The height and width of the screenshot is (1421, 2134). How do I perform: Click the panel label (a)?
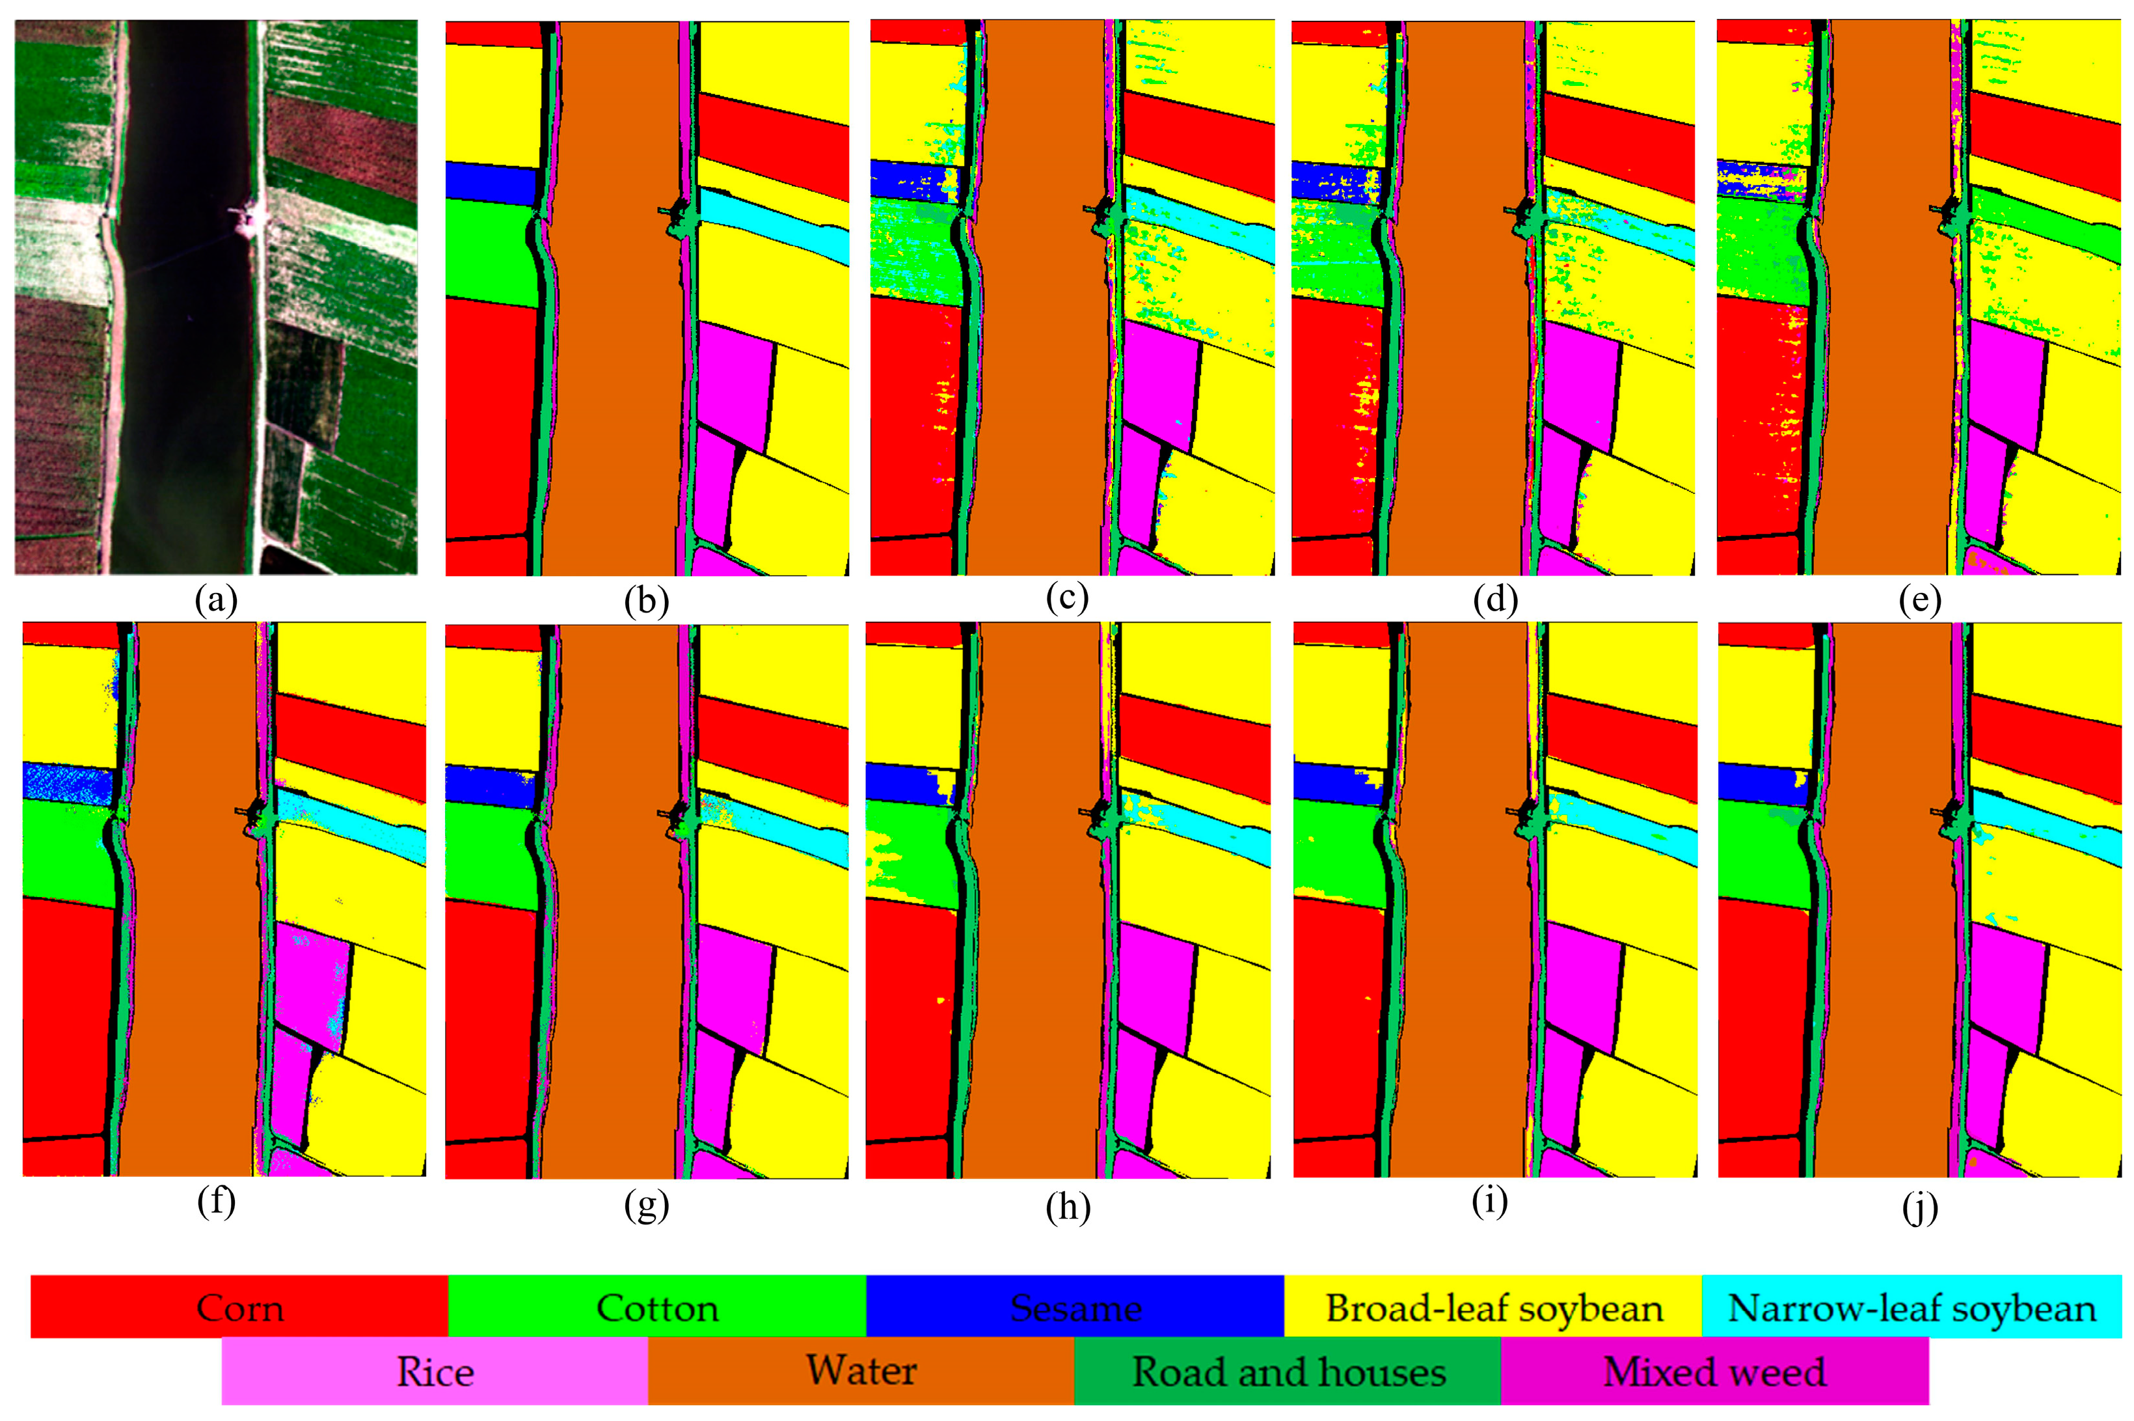click(215, 601)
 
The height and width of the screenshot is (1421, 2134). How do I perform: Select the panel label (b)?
click(646, 601)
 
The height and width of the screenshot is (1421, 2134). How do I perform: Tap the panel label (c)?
click(1066, 599)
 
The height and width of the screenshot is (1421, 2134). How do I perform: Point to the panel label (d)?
click(1494, 599)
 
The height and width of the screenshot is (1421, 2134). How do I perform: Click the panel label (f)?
click(215, 1202)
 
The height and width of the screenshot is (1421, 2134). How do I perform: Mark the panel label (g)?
click(646, 1206)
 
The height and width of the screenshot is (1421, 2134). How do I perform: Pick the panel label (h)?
click(1067, 1206)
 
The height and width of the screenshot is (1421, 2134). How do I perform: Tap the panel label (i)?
click(1490, 1202)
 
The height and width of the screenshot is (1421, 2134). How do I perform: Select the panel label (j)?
click(1919, 1206)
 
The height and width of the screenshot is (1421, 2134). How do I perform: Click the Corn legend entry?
click(240, 1308)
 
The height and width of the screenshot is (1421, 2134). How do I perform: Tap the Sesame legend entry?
click(1075, 1308)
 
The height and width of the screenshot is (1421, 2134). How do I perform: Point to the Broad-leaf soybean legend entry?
click(1494, 1308)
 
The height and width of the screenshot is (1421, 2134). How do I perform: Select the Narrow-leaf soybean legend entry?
click(1911, 1308)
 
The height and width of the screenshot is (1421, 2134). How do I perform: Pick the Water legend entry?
click(861, 1370)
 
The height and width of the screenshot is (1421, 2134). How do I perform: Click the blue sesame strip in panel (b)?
click(491, 182)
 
